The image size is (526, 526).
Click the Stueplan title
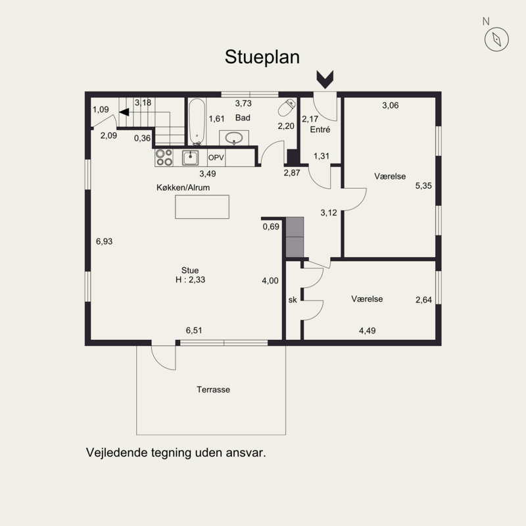tap(262, 57)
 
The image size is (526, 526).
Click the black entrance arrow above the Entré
tap(324, 80)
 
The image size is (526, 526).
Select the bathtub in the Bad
tap(196, 122)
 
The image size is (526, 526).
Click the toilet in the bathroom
tap(287, 107)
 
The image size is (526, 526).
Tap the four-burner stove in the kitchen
tap(164, 158)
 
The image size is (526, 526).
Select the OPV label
tap(216, 158)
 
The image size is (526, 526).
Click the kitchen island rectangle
tap(203, 207)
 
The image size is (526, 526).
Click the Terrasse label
tap(213, 389)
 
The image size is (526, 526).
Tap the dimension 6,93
tap(105, 241)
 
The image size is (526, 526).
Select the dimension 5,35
tap(423, 186)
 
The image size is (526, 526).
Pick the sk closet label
tap(293, 300)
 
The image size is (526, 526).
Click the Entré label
tap(320, 130)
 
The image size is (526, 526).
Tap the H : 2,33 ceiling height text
tap(191, 280)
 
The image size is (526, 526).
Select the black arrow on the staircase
tap(124, 113)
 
